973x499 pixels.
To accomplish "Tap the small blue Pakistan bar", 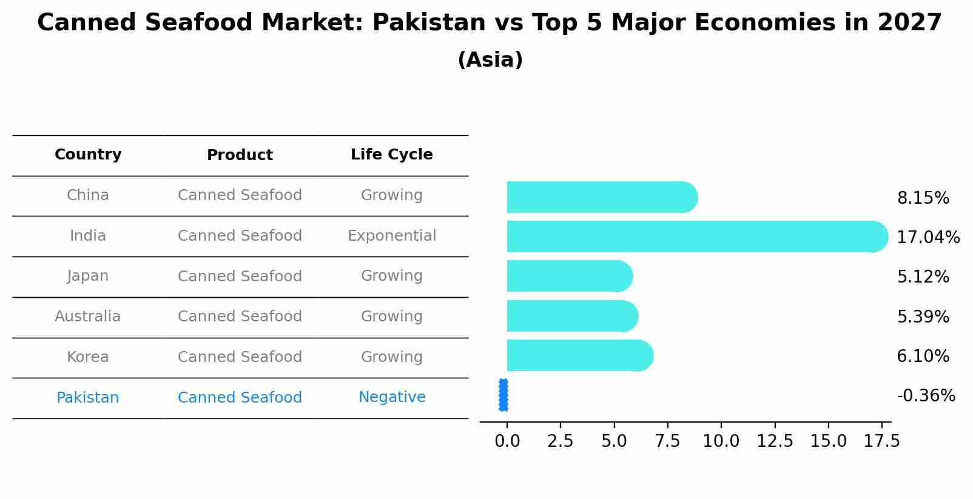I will coord(503,395).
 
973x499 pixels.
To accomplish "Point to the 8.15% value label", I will coord(923,198).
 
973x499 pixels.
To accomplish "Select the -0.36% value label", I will coord(926,396).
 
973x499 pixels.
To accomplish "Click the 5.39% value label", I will coord(923,316).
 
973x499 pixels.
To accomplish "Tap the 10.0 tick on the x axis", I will coord(721,441).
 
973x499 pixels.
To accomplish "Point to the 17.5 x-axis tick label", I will coord(881,441).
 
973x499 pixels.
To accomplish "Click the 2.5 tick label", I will coord(560,441).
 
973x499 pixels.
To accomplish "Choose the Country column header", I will coord(88,155).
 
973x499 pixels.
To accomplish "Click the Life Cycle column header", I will coord(391,155).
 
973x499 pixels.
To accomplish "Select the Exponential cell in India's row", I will coord(391,236).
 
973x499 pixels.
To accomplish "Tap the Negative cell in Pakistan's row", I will coord(391,397).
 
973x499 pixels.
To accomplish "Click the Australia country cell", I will coord(88,316).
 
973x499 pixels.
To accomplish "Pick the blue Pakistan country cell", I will coord(88,398).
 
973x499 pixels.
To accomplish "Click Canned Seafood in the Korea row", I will coord(240,357).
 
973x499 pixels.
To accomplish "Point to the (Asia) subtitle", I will coord(490,60).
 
